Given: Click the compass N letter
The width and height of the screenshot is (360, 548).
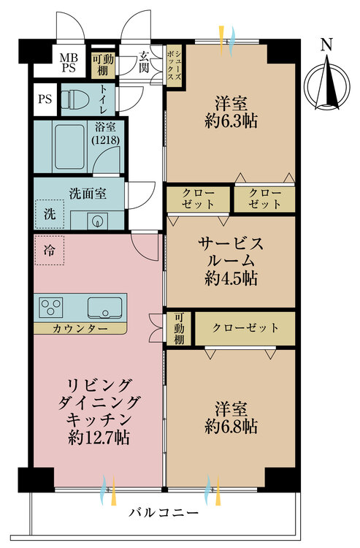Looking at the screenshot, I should pos(326,46).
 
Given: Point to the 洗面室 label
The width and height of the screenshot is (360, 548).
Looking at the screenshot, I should pos(88,194).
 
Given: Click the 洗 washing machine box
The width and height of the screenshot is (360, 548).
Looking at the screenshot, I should pos(49,216).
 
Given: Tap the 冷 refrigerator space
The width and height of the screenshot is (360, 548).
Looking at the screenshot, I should pos(49,250).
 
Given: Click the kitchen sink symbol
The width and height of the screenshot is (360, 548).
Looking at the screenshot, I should pos(106,307).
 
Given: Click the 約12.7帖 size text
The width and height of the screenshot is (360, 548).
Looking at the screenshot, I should pos(99,438).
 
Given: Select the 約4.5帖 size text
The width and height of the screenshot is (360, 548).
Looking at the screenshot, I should pos(231,278).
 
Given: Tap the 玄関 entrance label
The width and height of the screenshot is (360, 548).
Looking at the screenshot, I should pos(145,61).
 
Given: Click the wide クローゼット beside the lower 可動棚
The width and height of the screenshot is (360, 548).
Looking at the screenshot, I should pos(245,328).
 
